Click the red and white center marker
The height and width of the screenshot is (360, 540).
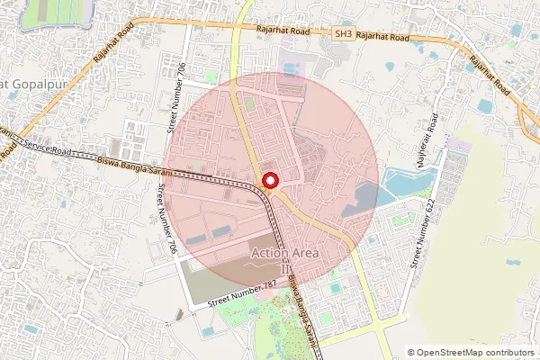tap(269, 183)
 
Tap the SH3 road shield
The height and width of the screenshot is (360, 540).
tap(343, 34)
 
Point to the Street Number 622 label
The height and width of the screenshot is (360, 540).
tap(417, 235)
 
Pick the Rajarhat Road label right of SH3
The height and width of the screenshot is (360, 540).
tap(385, 38)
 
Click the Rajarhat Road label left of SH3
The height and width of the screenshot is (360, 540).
tap(283, 31)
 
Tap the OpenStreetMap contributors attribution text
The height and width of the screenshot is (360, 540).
tap(475, 353)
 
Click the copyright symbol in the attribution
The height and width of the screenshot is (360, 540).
tap(411, 353)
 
